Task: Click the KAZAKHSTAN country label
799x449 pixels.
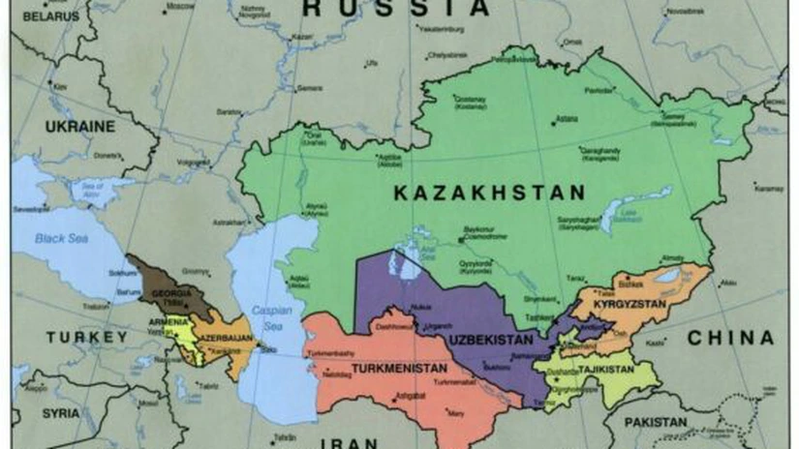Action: click(489, 193)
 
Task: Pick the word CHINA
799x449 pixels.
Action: click(730, 338)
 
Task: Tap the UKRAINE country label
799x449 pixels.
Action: click(79, 126)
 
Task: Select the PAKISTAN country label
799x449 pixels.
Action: click(656, 423)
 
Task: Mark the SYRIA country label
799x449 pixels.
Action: click(60, 413)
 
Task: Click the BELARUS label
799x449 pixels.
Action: click(47, 16)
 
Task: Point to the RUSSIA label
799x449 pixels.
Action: click(396, 9)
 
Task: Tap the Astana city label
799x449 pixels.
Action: click(567, 119)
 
